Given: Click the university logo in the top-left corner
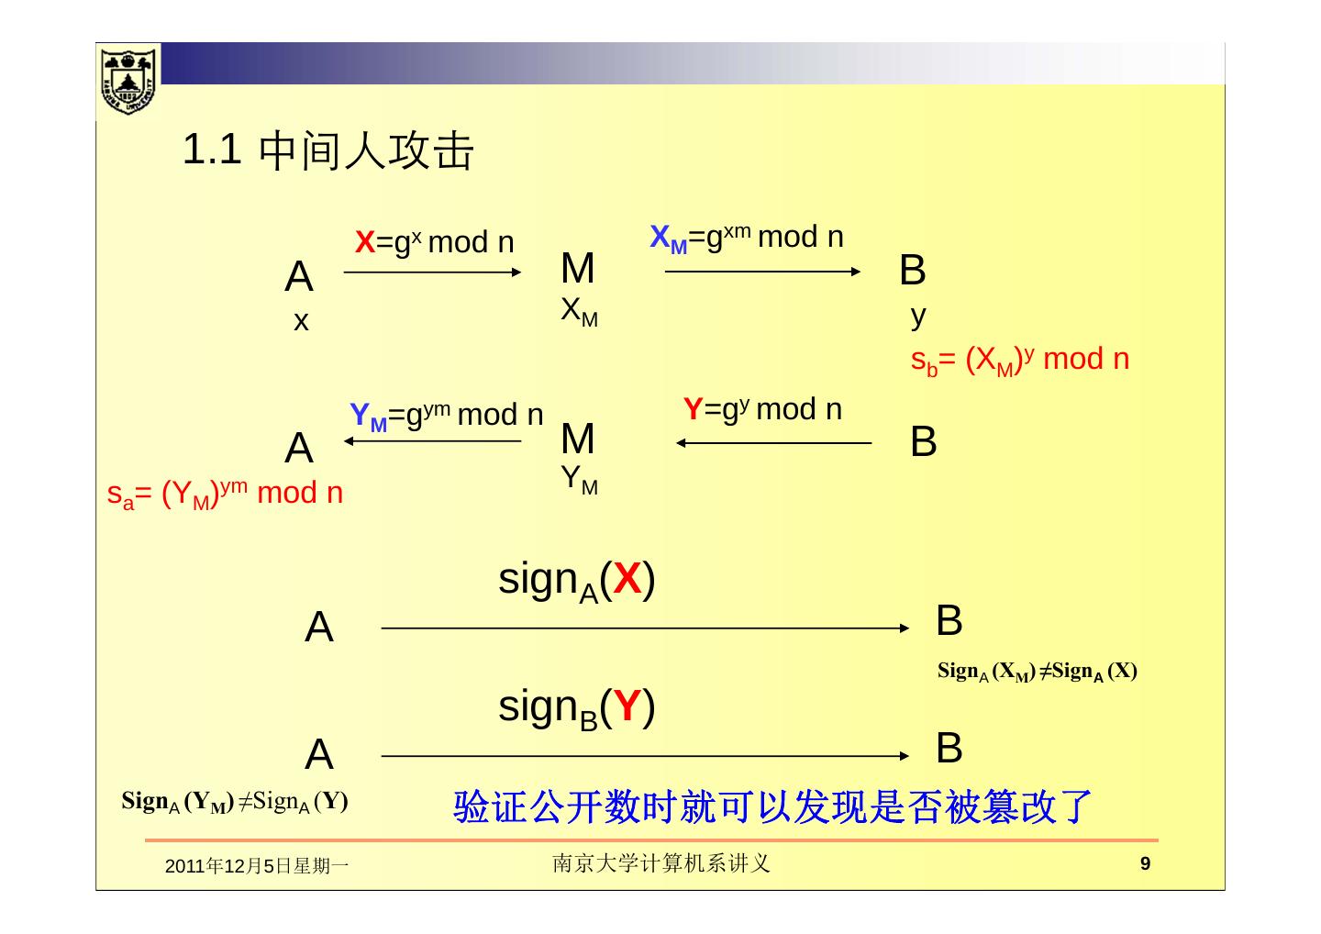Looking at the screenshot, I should click(128, 81).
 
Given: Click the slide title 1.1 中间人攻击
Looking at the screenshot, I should click(328, 151).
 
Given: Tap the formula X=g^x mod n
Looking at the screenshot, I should click(434, 243).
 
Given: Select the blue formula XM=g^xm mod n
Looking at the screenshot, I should click(746, 238).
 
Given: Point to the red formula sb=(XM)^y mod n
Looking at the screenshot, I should click(1019, 360).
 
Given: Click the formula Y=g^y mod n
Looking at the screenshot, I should click(762, 409).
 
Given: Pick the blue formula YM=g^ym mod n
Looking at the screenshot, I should click(447, 416).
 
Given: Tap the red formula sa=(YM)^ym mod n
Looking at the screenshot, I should click(225, 494).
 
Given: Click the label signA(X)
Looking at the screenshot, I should click(576, 582).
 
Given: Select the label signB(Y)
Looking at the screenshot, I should click(576, 709).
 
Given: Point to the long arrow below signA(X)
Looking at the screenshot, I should click(645, 628).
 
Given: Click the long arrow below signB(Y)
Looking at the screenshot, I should click(645, 756).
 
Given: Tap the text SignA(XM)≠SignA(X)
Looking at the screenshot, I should click(1037, 672).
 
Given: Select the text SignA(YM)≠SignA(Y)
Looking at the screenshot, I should click(235, 803).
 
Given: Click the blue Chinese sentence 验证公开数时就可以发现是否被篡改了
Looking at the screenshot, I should click(772, 806).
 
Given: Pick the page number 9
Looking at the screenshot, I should click(1144, 863).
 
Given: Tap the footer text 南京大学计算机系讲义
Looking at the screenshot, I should click(660, 863).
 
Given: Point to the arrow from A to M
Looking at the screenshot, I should click(432, 272).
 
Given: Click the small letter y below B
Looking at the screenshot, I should click(918, 317).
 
